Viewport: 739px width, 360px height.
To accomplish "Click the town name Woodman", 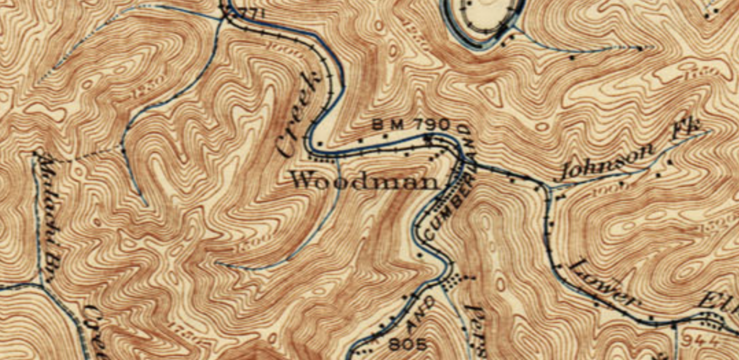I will pos(363,181).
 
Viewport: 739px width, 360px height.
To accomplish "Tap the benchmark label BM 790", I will pos(411,124).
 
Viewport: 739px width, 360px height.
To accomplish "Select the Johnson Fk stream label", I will pos(632,150).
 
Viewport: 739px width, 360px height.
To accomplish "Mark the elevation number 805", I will pos(407,345).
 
